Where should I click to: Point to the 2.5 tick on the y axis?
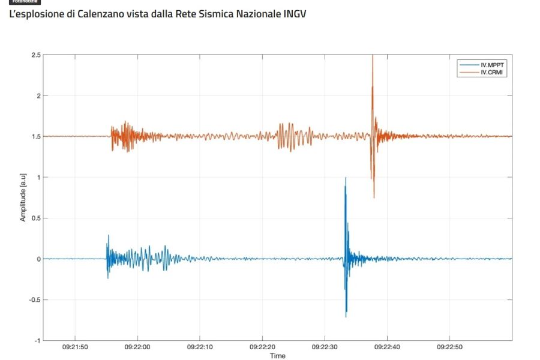point(37,55)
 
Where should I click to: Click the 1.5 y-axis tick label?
point(37,137)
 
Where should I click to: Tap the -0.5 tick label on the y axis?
point(35,300)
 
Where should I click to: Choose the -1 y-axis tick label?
point(38,341)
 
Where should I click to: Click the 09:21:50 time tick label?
point(75,347)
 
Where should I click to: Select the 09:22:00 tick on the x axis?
point(137,347)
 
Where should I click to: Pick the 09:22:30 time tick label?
point(325,347)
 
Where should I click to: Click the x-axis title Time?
point(278,356)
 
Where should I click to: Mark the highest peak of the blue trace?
point(345,178)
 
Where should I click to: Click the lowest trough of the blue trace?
point(346,317)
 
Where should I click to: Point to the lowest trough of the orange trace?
point(374,197)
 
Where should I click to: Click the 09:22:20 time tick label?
point(263,347)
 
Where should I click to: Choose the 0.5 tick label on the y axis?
point(37,218)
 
